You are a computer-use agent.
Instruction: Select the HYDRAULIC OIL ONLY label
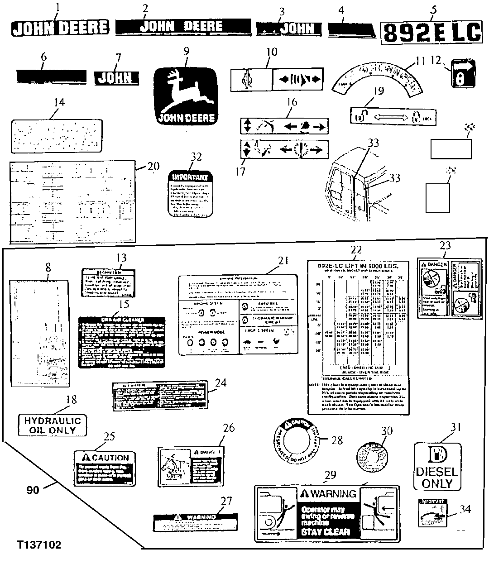pos(52,425)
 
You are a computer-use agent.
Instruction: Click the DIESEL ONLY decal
pos(437,466)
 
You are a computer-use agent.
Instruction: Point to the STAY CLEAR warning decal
pos(327,513)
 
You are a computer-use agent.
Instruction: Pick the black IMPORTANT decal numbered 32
pos(190,194)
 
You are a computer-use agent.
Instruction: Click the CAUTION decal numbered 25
pos(105,468)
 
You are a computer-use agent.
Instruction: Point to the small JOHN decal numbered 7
pos(115,78)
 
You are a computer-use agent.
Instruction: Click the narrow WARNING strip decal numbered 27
pos(195,522)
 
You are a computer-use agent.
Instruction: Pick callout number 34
pos(465,509)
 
